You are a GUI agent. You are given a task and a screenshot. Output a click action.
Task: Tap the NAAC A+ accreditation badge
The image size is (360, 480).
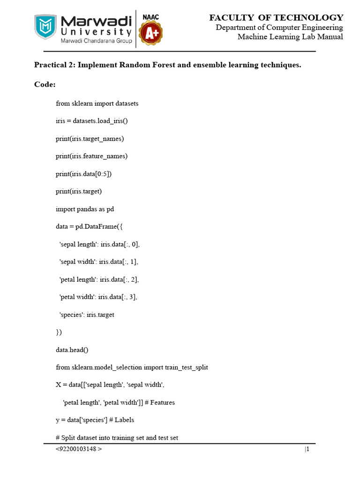pyautogui.click(x=151, y=30)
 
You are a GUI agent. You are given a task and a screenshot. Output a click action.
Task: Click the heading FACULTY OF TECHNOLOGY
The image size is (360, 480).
pyautogui.click(x=276, y=18)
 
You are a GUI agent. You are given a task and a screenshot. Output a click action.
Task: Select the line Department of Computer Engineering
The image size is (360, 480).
pyautogui.click(x=279, y=27)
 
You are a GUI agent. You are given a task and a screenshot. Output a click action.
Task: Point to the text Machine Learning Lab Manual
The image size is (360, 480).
pyautogui.click(x=290, y=37)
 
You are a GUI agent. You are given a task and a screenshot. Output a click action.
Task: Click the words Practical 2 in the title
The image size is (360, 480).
pyautogui.click(x=53, y=65)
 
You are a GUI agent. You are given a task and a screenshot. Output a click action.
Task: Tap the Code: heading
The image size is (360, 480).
pyautogui.click(x=45, y=84)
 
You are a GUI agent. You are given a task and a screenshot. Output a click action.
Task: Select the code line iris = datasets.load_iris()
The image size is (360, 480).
pyautogui.click(x=92, y=121)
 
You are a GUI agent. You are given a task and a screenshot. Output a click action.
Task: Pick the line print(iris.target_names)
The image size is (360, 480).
pyautogui.click(x=90, y=139)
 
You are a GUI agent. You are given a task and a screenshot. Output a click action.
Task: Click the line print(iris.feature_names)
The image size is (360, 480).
pyautogui.click(x=92, y=156)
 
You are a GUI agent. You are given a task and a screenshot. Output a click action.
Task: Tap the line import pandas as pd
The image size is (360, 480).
pyautogui.click(x=85, y=209)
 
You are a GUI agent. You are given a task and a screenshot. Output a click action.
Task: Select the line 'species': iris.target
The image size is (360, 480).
pyautogui.click(x=87, y=315)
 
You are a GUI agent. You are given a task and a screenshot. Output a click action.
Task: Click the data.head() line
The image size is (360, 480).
pyautogui.click(x=71, y=350)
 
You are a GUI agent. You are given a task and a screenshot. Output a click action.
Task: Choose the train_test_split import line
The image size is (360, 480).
pyautogui.click(x=132, y=367)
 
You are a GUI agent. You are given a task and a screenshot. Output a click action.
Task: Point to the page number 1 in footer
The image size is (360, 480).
pyautogui.click(x=307, y=450)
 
